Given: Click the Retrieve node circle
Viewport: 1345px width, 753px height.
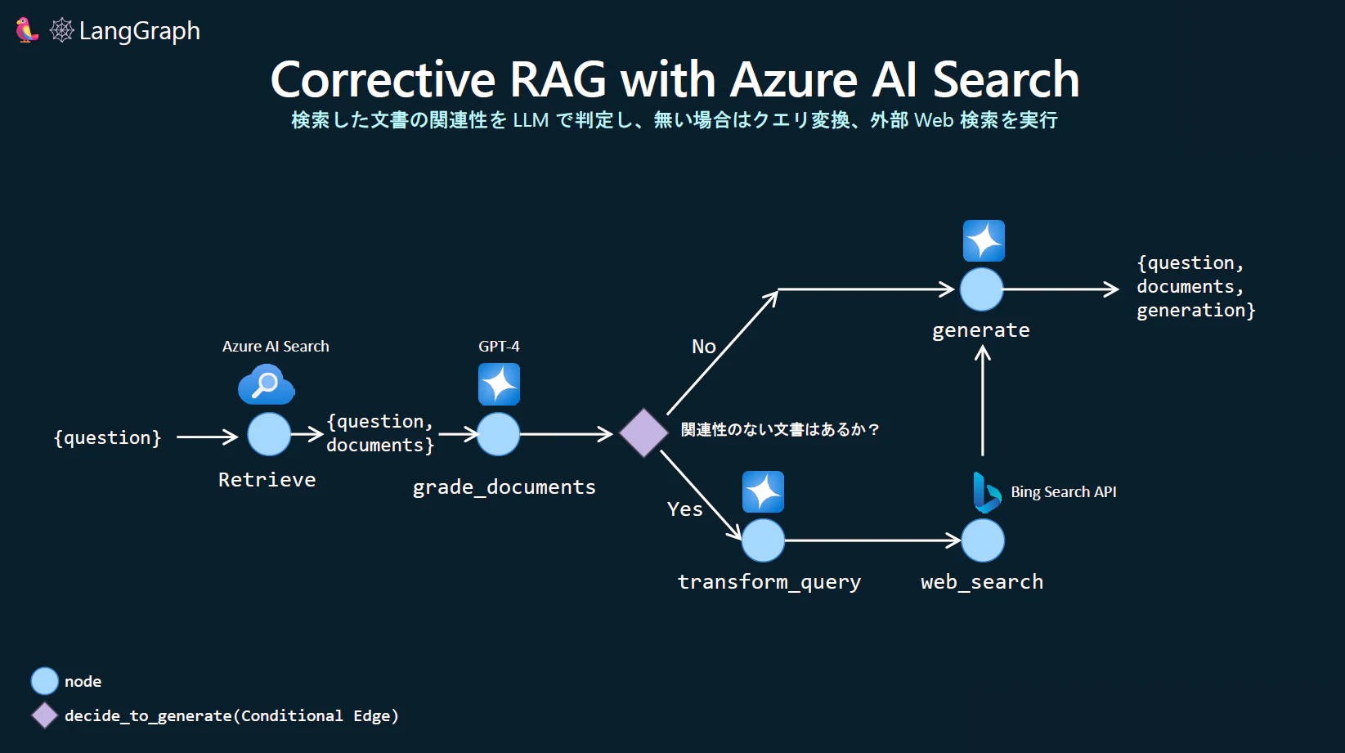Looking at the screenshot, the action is pyautogui.click(x=269, y=434).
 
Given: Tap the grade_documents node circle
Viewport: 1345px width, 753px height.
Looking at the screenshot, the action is pyautogui.click(x=499, y=434).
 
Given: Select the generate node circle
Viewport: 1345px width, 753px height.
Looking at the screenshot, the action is pyautogui.click(x=982, y=289).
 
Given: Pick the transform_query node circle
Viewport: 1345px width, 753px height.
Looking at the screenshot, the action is pyautogui.click(x=763, y=540).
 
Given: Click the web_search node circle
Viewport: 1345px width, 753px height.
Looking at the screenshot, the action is pyautogui.click(x=983, y=540).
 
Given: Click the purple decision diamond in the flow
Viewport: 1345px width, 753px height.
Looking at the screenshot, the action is pyautogui.click(x=643, y=433).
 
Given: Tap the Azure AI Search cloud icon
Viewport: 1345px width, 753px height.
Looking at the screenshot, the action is pyautogui.click(x=266, y=384).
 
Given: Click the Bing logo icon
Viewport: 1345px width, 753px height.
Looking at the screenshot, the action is pyautogui.click(x=987, y=492).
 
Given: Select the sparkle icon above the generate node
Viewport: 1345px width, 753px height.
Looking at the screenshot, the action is pyautogui.click(x=984, y=241).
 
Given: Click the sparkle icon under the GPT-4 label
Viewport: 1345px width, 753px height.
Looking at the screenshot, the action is pyautogui.click(x=499, y=384).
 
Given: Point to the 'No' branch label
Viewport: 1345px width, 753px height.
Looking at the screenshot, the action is pyautogui.click(x=704, y=347).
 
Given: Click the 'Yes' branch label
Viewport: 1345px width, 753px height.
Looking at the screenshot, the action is pyautogui.click(x=684, y=509).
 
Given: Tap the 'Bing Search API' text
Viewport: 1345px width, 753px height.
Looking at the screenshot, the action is pyautogui.click(x=1064, y=492).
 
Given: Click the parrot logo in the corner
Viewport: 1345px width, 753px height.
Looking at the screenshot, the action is pyautogui.click(x=26, y=30).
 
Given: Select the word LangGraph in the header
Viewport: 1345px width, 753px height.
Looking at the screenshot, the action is pyautogui.click(x=139, y=31).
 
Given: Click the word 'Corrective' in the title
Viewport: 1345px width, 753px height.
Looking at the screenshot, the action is pyautogui.click(x=383, y=79).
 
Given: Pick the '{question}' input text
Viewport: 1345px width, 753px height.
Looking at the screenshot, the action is pyautogui.click(x=107, y=437).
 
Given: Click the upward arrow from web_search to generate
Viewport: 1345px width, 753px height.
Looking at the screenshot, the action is pyautogui.click(x=982, y=401).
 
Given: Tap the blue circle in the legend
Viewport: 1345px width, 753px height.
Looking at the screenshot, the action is pyautogui.click(x=44, y=681).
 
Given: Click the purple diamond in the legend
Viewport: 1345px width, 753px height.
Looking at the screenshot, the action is pyautogui.click(x=44, y=715).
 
